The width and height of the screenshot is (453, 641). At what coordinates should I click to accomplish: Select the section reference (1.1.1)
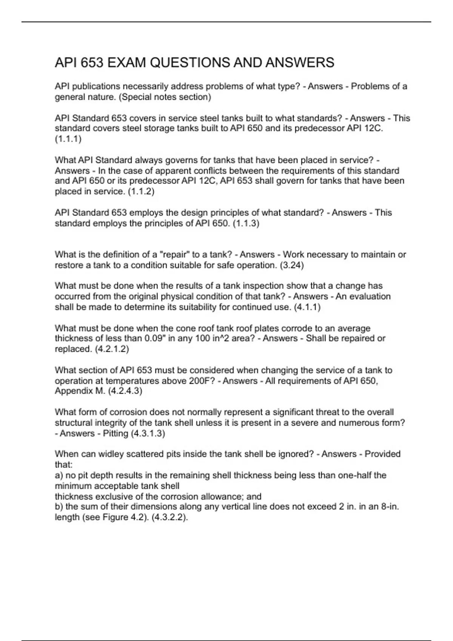[x=68, y=139]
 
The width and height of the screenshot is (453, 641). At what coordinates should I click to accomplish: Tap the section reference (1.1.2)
[x=141, y=191]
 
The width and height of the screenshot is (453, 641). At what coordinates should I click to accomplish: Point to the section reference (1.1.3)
[x=246, y=223]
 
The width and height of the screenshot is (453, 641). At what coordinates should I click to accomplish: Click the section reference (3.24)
[x=292, y=265]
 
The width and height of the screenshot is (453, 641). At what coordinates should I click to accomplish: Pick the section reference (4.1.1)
[x=307, y=307]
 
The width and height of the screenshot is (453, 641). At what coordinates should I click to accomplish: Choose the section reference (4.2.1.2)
[x=112, y=349]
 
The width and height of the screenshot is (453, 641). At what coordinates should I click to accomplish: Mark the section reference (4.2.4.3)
[x=125, y=391]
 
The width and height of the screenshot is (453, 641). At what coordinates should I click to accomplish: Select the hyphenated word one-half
[x=354, y=475]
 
